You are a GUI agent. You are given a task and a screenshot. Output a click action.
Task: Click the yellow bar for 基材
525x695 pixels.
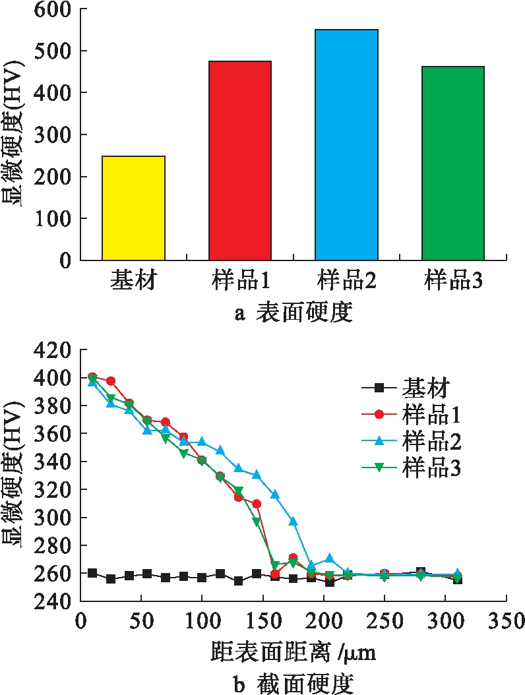click(133, 208)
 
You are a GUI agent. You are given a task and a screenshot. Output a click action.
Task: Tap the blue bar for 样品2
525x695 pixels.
click(346, 144)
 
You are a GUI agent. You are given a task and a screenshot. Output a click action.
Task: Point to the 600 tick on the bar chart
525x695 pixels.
click(55, 9)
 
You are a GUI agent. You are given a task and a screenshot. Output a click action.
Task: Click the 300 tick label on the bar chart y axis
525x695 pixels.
click(55, 135)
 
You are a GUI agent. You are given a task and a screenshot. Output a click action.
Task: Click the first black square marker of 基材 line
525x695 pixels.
click(92, 573)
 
